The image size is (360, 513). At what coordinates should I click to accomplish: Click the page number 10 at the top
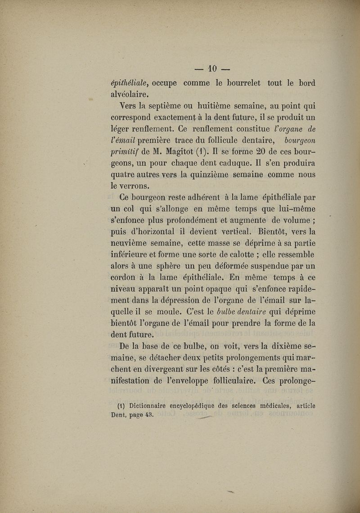click(211, 69)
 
